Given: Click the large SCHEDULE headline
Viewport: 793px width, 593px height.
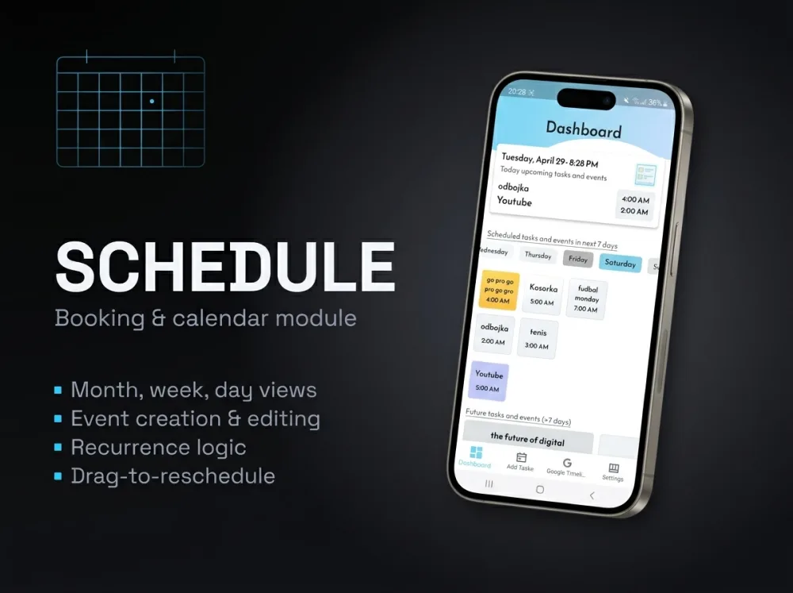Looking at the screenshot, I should coord(225,267).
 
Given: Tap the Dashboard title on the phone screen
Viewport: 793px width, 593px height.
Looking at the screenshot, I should coord(584,129).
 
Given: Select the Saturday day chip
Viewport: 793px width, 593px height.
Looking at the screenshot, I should coord(619,263).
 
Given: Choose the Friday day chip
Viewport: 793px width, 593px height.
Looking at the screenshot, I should coord(578,259).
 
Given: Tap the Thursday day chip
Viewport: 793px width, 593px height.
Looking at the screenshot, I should coord(538,255).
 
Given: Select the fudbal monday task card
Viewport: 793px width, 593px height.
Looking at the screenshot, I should coord(587,299).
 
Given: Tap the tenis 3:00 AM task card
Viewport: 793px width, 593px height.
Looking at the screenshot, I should coord(538,339).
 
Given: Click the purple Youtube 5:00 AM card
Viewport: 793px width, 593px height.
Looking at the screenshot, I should coord(489,381).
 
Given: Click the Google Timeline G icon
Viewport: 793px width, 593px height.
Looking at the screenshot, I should coord(567,463).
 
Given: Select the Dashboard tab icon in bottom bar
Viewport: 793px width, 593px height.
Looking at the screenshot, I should coord(476,452).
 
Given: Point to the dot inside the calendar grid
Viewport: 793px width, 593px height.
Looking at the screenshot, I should coord(151,101).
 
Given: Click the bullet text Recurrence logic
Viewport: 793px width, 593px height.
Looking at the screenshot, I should coord(158,447).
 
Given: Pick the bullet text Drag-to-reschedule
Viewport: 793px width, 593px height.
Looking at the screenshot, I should coord(172,476).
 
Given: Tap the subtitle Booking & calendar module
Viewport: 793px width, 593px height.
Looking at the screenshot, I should coord(205,318).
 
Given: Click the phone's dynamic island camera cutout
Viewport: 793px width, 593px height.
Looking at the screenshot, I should coord(586,99).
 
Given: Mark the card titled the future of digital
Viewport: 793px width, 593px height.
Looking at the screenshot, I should coord(527,437).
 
